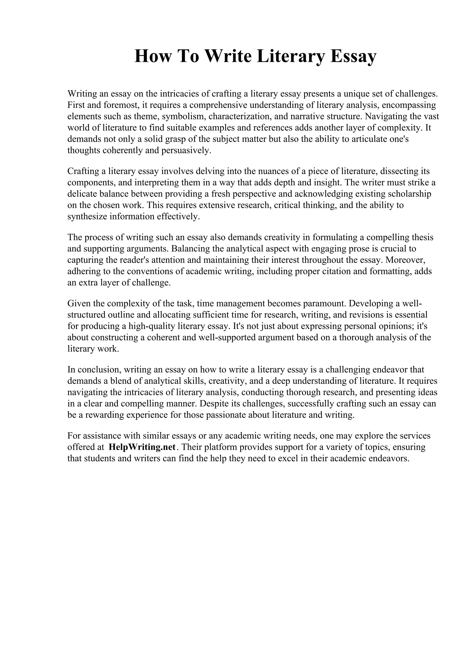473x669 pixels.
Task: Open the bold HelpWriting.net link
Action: (x=142, y=447)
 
